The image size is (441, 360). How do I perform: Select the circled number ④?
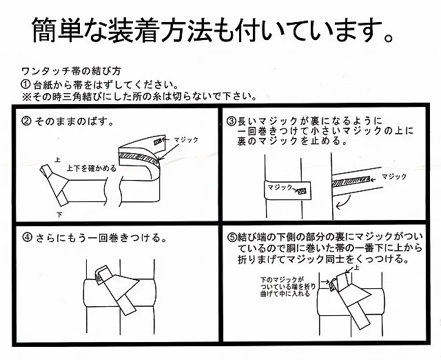point(27,239)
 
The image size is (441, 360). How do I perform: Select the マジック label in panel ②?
point(187,139)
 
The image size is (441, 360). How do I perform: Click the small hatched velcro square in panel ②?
point(160,142)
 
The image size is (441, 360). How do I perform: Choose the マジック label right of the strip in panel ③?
point(398,176)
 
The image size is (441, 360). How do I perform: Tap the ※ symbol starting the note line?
point(25,96)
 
